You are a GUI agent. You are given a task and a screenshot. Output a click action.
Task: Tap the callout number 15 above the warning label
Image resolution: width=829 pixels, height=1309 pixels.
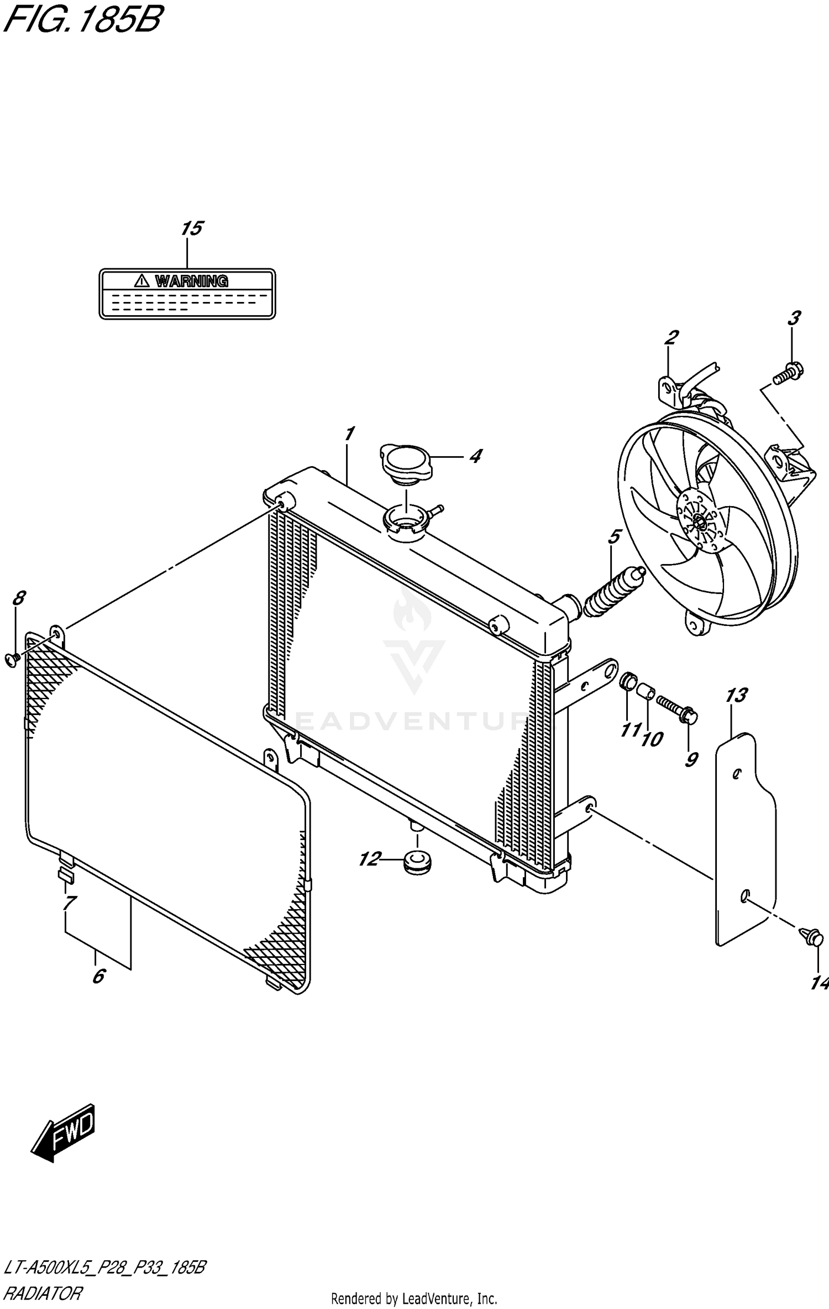[192, 228]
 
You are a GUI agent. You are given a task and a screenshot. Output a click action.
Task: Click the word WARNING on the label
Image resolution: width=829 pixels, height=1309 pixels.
[191, 281]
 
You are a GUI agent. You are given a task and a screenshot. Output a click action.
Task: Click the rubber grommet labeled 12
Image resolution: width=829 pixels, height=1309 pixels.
[417, 863]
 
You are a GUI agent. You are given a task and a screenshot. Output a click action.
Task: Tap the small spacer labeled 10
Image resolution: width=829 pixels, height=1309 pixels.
[647, 691]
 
